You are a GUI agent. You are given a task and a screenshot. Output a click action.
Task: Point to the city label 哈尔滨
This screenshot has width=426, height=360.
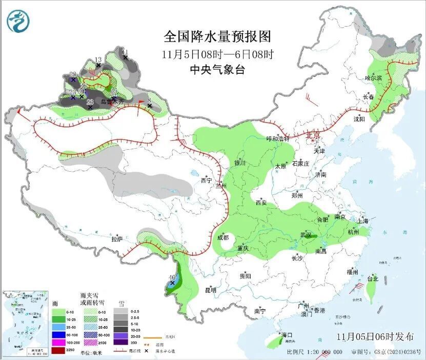(x=373, y=78)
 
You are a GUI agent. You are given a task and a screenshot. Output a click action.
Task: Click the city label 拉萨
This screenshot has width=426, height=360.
(x=117, y=238)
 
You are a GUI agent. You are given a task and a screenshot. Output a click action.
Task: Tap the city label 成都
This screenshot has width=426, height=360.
(x=223, y=237)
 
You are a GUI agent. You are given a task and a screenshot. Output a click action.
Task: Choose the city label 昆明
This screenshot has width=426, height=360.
(x=211, y=290)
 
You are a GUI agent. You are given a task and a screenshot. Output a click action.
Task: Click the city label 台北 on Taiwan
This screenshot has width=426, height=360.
(x=372, y=279)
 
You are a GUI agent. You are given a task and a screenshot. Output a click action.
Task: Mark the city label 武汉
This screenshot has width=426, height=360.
(x=306, y=234)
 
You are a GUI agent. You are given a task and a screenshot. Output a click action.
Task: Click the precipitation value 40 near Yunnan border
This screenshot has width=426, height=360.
(x=172, y=277)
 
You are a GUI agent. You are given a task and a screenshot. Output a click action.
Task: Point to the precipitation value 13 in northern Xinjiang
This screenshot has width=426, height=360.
(x=98, y=60)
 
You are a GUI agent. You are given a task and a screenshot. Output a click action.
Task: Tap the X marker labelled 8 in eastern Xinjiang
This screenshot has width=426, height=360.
(x=150, y=106)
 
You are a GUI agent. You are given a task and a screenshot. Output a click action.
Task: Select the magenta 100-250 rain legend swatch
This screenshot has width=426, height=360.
(x=58, y=342)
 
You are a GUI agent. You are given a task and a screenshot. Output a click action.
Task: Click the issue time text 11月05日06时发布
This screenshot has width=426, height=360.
(x=375, y=337)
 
